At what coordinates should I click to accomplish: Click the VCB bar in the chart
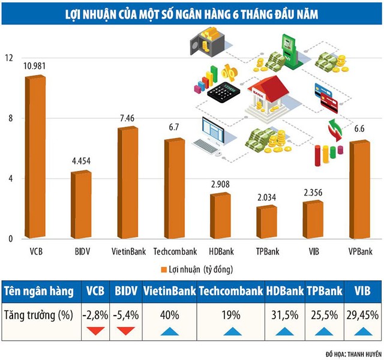click(35, 159)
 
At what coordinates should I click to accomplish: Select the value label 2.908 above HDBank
click(220, 184)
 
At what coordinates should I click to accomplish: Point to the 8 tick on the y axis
click(8, 119)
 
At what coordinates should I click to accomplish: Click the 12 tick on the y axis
click(8, 58)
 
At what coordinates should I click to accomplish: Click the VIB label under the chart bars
click(313, 250)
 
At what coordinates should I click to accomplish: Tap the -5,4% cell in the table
click(125, 314)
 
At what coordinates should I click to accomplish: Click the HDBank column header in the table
click(284, 291)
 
